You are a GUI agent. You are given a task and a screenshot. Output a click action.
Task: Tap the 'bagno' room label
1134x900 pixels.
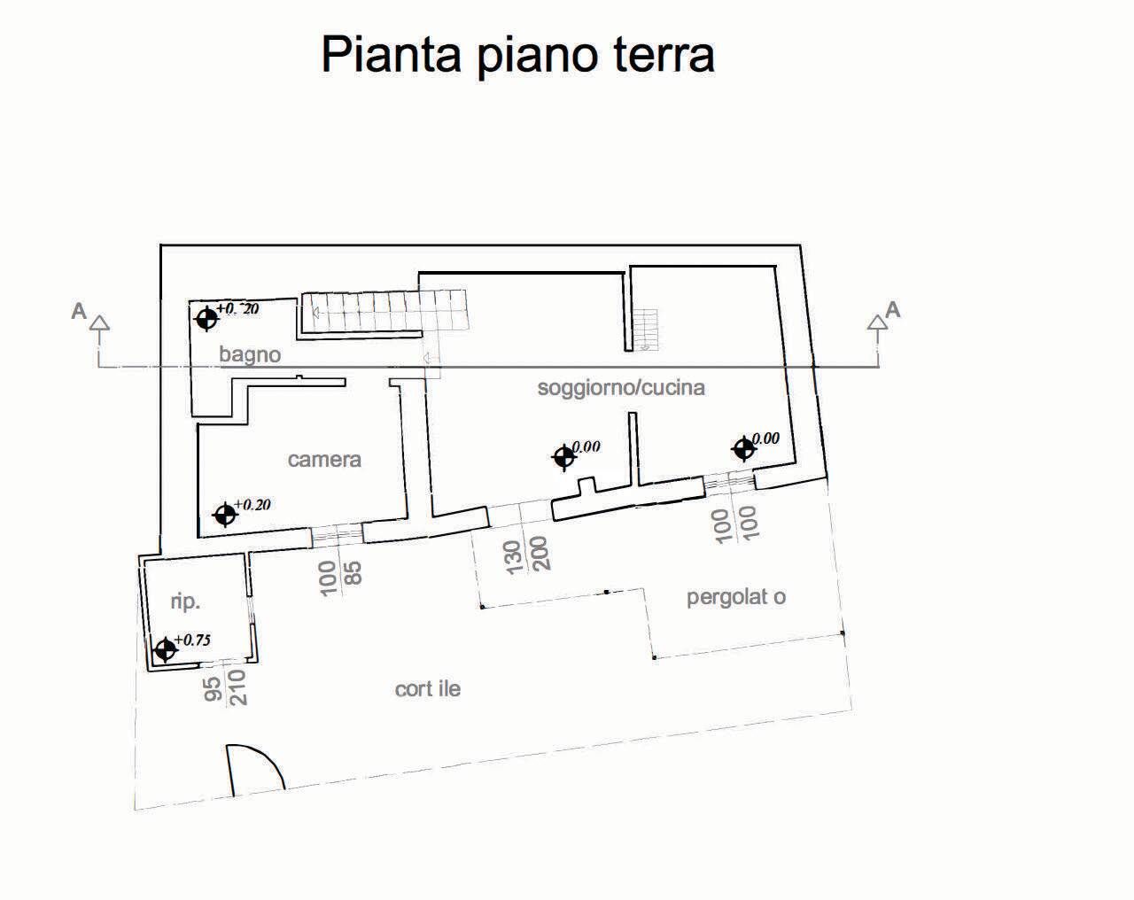click(250, 355)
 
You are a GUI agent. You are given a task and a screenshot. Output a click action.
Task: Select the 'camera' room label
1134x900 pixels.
click(324, 460)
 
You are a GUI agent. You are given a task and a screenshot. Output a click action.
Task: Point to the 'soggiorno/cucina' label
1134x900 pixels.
click(621, 388)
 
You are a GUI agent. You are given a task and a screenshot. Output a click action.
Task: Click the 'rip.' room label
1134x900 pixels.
click(185, 601)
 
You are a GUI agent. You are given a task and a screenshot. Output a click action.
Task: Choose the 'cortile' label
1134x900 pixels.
click(427, 689)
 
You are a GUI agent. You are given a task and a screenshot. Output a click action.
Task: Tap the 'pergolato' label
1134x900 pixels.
click(736, 597)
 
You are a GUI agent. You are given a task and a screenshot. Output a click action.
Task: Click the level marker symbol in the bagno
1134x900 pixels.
click(206, 318)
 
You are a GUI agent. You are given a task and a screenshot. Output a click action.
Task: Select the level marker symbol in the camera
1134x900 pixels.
click(225, 514)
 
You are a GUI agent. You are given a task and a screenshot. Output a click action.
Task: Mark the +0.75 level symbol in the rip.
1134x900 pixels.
click(164, 650)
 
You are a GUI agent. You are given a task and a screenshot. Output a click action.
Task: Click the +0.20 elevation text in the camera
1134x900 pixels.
click(252, 505)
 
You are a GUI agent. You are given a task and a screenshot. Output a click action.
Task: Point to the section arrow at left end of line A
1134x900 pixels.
click(100, 324)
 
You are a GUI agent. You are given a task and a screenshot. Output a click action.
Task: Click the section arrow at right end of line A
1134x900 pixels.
click(877, 323)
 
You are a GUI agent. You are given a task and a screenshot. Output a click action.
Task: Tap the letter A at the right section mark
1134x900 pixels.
click(893, 310)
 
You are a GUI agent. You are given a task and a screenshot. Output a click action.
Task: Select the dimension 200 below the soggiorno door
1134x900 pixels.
click(541, 553)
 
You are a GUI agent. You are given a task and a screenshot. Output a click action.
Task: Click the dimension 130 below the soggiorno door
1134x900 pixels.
click(515, 557)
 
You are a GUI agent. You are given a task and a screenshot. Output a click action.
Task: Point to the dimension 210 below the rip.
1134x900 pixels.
click(237, 687)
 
